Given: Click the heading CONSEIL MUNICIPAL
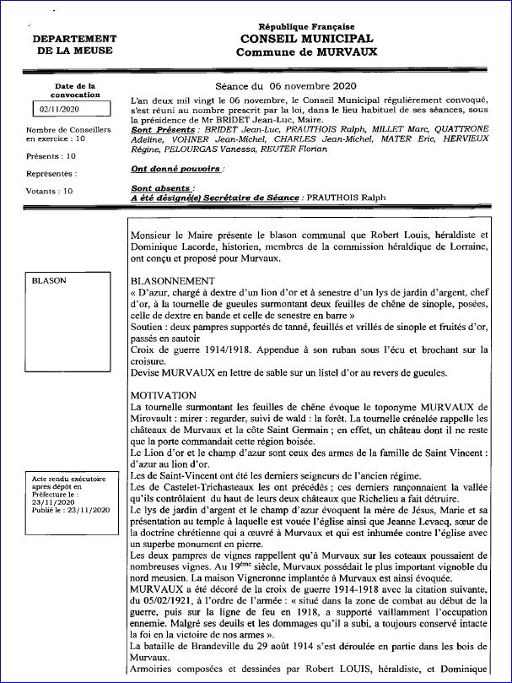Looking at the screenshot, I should pyautogui.click(x=306, y=40).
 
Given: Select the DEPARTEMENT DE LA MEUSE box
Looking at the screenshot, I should pyautogui.click(x=75, y=46).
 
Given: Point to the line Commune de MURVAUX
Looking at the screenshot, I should pyautogui.click(x=306, y=52).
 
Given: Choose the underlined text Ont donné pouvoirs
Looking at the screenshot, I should pyautogui.click(x=177, y=169).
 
